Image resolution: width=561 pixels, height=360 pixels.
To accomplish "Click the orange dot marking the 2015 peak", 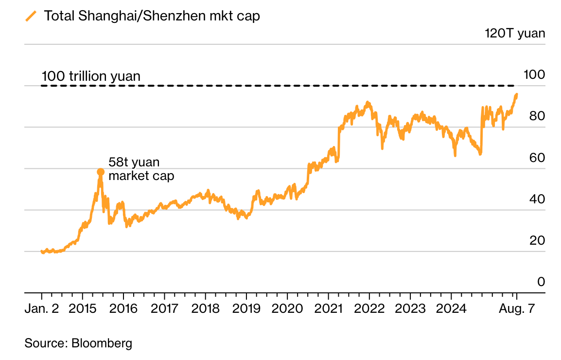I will pos(101,172).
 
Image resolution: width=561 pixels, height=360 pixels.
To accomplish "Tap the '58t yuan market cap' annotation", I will pos(141,169).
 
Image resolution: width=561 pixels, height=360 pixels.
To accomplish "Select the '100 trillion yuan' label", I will pos(91,76).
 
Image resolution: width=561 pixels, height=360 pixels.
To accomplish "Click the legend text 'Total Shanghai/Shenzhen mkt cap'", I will pos(152,16).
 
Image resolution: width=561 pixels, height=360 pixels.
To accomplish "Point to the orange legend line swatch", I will pos(31,16).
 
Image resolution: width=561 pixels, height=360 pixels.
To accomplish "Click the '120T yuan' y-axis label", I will pos(515,34).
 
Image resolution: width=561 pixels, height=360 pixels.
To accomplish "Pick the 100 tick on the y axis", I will pos(533,74).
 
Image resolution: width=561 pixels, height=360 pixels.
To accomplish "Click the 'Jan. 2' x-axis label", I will pos(41,309).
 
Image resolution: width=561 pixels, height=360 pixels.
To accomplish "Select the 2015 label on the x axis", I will pos(83,309).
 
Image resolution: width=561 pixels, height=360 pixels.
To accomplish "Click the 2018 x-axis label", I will pos(205,309).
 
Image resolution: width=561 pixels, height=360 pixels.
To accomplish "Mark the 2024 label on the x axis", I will pos(451,309).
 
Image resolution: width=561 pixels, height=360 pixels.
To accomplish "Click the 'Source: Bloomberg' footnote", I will pos(78,343).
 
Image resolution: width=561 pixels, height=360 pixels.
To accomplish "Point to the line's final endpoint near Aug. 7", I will pos(516,94).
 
